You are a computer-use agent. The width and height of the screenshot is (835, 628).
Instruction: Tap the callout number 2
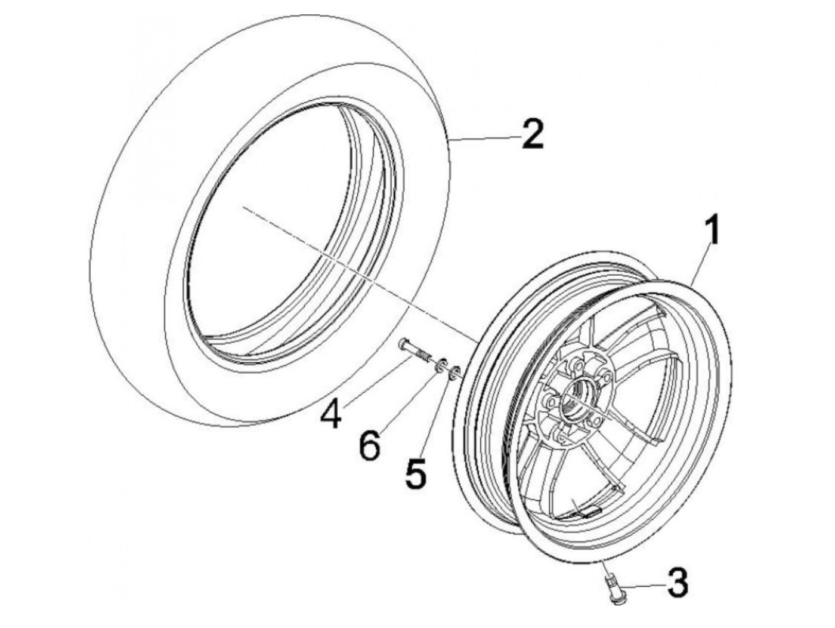click(533, 134)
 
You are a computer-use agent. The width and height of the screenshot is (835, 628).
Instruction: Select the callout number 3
click(676, 583)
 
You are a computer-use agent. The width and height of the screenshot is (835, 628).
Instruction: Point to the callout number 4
click(330, 414)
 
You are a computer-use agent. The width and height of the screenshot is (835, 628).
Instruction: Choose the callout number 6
click(370, 446)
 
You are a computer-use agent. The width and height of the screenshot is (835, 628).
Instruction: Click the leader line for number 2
click(483, 138)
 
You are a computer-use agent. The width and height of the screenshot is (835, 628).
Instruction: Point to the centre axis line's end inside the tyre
click(243, 207)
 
